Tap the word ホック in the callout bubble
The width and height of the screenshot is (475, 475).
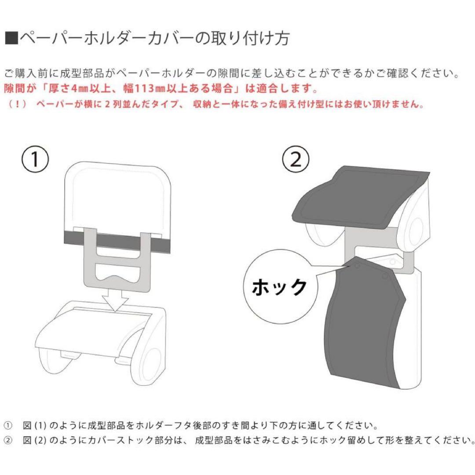[x=279, y=288]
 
